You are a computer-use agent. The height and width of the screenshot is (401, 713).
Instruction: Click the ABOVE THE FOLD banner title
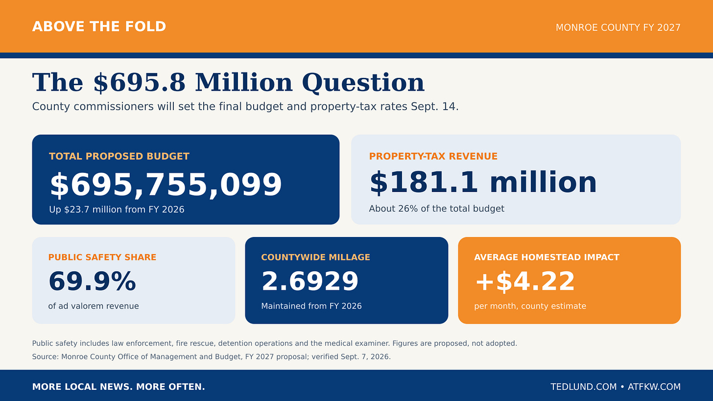click(x=99, y=27)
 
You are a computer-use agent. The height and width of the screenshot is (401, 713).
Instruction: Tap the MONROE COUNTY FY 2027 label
click(x=618, y=28)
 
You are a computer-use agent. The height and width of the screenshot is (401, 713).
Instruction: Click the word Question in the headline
click(x=363, y=83)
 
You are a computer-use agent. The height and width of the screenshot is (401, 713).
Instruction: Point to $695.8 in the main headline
click(x=139, y=83)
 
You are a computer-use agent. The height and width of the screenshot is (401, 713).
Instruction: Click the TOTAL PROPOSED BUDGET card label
click(x=119, y=156)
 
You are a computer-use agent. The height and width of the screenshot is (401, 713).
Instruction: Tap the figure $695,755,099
click(x=166, y=185)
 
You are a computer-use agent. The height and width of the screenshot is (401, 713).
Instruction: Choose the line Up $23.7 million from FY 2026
click(x=117, y=210)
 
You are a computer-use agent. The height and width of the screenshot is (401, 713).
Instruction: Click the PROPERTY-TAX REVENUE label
click(x=433, y=156)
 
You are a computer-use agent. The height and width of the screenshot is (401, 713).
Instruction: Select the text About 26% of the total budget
click(x=436, y=209)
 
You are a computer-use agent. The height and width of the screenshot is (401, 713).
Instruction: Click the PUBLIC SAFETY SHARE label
click(x=102, y=257)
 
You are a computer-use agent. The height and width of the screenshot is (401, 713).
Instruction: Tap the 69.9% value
click(x=92, y=282)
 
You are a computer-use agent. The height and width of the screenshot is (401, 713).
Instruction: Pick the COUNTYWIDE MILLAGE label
click(x=315, y=257)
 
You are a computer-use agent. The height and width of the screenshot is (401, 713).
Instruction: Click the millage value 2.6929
click(x=309, y=282)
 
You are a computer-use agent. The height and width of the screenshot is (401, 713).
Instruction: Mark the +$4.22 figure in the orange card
click(x=525, y=282)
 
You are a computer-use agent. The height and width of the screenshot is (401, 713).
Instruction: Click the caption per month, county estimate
click(x=530, y=306)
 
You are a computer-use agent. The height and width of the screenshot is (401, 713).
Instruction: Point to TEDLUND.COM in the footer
click(x=583, y=387)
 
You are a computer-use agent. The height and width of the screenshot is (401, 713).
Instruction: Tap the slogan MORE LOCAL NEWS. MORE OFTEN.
click(x=119, y=387)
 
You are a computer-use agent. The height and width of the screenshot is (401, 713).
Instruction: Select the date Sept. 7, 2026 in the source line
click(x=365, y=357)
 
